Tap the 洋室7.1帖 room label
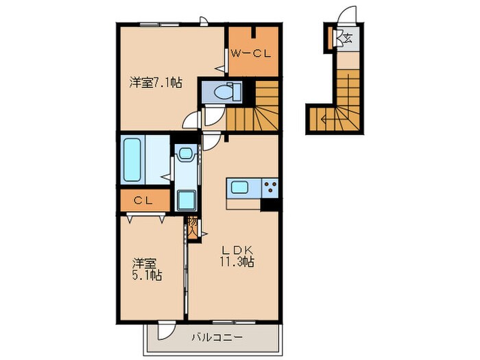click(x=156, y=83)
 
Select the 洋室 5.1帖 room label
click(x=147, y=269)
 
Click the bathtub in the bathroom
click(x=132, y=160)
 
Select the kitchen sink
click(x=241, y=188)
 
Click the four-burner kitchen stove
click(x=269, y=187)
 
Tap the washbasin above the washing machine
click(x=184, y=157)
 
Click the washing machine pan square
click(x=185, y=200)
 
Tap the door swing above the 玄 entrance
click(x=350, y=15)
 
